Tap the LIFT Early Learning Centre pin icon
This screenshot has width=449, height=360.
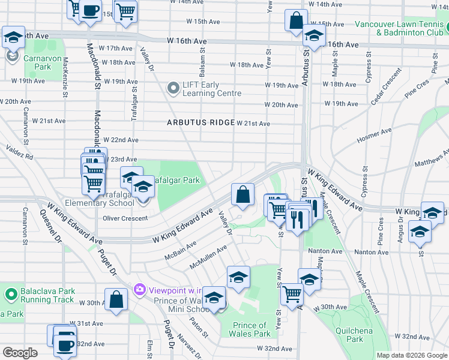coord(173,89)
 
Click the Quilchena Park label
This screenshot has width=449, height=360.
coord(363,335)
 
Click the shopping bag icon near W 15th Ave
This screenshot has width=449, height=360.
coord(296,21)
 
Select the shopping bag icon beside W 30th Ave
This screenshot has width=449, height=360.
coord(116,301)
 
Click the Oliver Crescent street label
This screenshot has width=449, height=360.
coord(125,218)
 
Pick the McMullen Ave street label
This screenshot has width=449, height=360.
coord(208,257)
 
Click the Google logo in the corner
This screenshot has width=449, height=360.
coord(20,353)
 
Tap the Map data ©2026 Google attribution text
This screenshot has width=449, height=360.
coord(412,355)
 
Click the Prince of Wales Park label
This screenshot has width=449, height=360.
coord(251,329)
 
